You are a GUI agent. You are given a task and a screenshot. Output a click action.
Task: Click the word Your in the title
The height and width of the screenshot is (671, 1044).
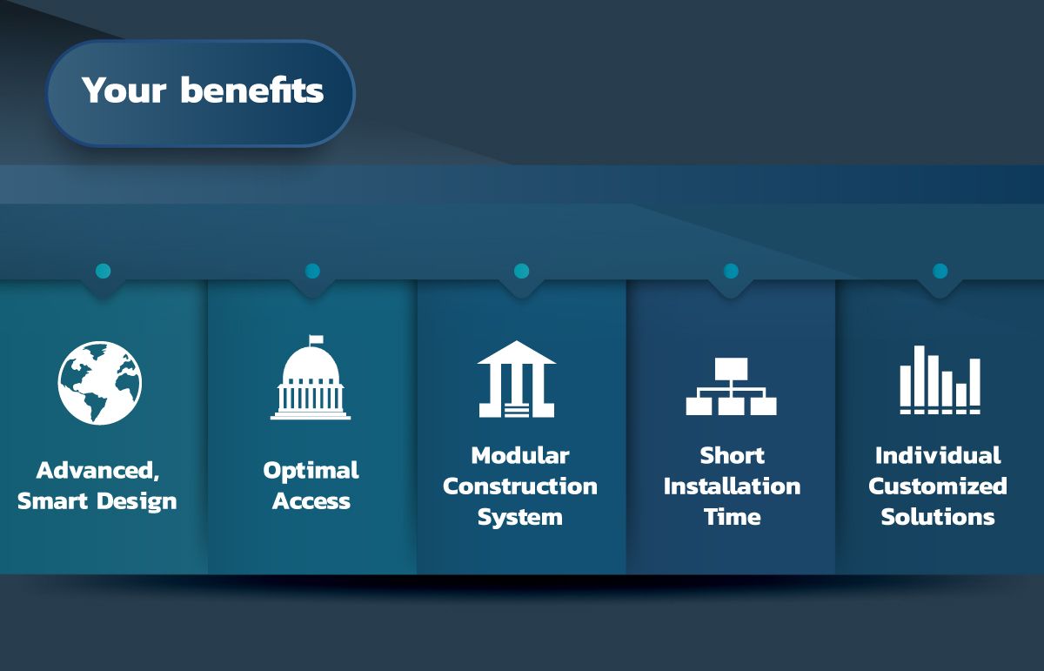(124, 90)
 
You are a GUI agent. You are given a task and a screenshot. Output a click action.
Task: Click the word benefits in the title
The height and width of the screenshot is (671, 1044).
(251, 90)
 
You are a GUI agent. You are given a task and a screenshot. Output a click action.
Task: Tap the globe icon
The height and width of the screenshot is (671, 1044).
(100, 383)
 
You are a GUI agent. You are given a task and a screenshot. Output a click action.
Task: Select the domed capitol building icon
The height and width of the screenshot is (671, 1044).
(311, 377)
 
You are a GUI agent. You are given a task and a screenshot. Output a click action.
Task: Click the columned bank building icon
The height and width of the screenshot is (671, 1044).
(517, 379)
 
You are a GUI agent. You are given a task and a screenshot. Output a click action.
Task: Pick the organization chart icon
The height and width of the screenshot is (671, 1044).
(732, 386)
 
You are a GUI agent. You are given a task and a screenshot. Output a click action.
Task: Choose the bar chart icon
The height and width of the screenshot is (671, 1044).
(940, 379)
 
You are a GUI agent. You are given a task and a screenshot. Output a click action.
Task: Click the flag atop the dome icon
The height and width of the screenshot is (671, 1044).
(316, 339)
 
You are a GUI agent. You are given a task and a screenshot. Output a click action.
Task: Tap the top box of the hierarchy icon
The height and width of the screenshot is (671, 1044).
(732, 368)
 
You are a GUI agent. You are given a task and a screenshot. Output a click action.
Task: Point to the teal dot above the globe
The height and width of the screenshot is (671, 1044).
(103, 271)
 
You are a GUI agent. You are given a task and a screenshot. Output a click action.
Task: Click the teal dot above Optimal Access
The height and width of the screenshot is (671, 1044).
(312, 271)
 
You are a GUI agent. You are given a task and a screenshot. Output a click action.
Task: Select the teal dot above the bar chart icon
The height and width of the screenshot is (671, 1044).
(940, 271)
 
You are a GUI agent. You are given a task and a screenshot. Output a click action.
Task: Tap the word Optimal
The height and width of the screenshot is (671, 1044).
(311, 471)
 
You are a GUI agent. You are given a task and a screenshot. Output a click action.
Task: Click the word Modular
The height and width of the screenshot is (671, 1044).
(520, 455)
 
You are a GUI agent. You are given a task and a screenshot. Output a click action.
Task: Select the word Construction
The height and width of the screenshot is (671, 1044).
(520, 486)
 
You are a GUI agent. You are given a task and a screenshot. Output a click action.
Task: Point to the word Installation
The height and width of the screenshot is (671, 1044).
(733, 486)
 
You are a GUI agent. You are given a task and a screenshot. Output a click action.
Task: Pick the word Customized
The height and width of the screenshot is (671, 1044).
(938, 486)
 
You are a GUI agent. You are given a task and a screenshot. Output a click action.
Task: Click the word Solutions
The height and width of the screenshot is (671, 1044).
(938, 517)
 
